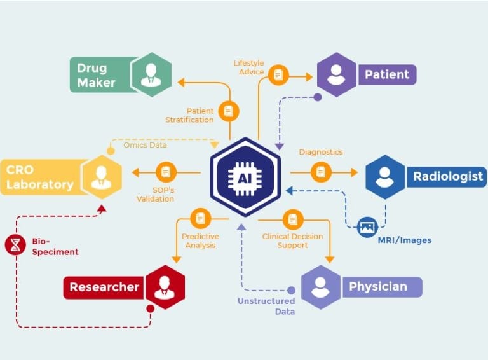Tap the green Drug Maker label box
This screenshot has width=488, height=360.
point(98,74)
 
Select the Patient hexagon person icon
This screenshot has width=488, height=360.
point(336,74)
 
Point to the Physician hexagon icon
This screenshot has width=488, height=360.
point(320,287)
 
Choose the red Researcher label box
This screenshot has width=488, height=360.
point(104,287)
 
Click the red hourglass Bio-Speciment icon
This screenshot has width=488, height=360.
point(15,245)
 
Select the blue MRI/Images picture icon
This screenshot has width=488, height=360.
point(367,227)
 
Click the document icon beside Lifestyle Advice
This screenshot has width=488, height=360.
point(278,75)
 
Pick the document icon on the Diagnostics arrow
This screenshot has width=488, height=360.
point(321,172)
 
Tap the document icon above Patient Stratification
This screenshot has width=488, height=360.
point(229,111)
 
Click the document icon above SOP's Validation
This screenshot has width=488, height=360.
point(166,172)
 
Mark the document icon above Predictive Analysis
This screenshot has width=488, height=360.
point(201,218)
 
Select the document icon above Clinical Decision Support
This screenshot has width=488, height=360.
point(292,219)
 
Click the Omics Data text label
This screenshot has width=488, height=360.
point(145,145)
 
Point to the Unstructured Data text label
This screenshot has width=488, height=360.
point(266,306)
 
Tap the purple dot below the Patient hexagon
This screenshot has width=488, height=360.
point(318,97)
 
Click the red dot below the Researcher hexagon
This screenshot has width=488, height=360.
point(151,308)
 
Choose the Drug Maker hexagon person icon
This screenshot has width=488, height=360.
point(151,74)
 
